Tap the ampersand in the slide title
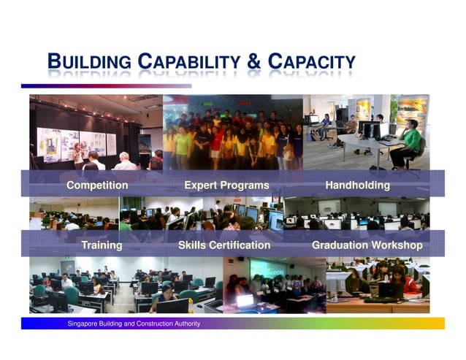coord(253,62)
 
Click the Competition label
coord(97,185)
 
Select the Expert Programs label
coord(226,185)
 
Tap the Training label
coord(102,245)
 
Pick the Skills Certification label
coord(224,245)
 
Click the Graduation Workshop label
coord(367,245)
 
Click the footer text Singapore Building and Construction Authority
coord(134,323)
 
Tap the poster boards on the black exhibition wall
coord(80,143)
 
